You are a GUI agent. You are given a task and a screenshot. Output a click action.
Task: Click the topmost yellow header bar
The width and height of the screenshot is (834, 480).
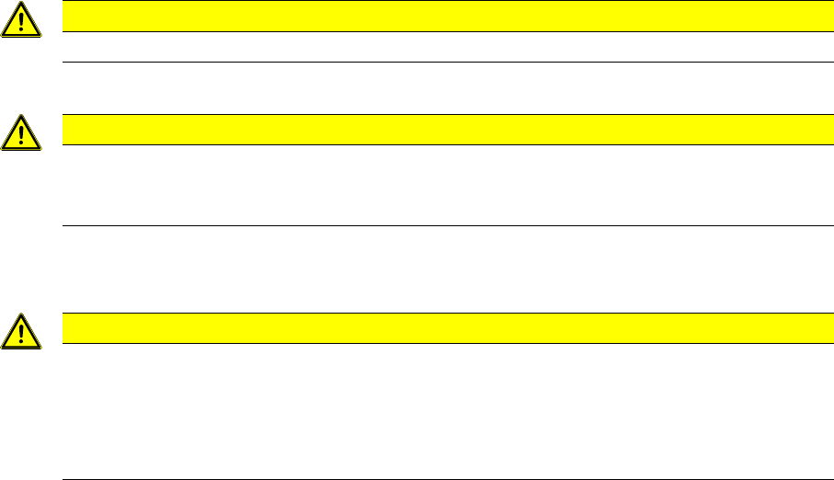(x=441, y=17)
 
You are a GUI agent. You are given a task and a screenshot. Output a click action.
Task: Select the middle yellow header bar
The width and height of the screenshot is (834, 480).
(x=441, y=130)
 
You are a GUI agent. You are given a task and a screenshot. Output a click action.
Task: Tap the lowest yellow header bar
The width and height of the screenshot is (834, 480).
(x=441, y=328)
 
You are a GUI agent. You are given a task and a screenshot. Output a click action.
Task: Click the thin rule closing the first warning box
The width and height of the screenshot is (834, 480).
(x=441, y=62)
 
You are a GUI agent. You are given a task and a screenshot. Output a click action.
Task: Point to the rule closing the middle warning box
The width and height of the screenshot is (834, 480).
(x=441, y=225)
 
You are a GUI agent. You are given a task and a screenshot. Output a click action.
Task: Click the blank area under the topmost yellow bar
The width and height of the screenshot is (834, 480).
(x=441, y=47)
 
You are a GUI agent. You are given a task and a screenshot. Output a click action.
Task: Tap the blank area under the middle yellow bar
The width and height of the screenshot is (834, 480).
(x=441, y=185)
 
